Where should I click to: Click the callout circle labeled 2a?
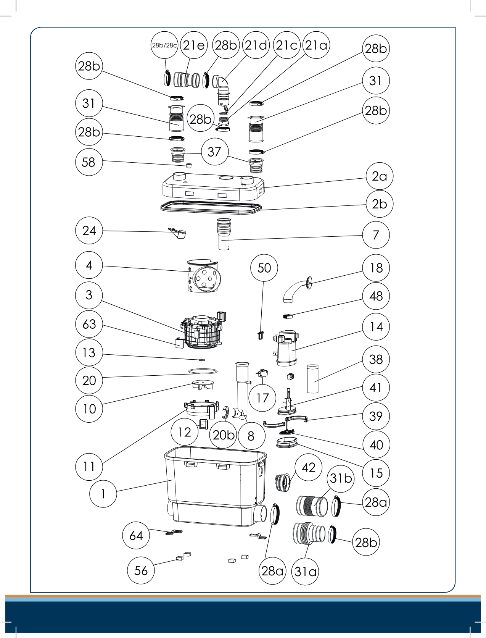[379, 176]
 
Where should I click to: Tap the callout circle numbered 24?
[89, 231]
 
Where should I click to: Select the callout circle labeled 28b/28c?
[164, 45]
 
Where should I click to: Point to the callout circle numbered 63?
[89, 324]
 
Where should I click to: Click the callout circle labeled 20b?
[224, 435]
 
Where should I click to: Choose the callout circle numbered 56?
[141, 570]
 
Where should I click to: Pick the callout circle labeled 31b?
[341, 478]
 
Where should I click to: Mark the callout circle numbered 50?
[264, 268]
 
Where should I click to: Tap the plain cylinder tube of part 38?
[312, 379]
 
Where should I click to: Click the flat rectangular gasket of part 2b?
[212, 207]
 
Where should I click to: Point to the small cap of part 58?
[188, 165]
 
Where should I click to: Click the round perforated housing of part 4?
[203, 276]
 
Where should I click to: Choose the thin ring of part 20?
[203, 371]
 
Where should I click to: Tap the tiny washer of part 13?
[202, 360]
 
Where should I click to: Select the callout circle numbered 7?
[376, 235]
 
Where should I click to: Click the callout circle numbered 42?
[308, 467]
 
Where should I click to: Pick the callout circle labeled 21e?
[194, 45]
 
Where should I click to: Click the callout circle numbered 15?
[376, 473]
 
